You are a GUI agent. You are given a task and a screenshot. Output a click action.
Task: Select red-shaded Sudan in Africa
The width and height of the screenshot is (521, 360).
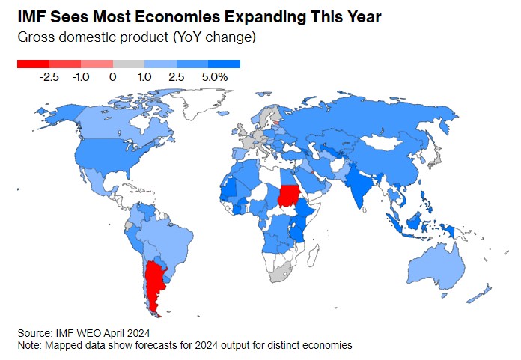[x=288, y=197]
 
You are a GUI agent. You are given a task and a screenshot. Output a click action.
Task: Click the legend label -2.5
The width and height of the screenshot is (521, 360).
[x=50, y=76]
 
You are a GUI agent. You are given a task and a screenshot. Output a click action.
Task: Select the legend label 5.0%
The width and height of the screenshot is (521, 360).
[x=214, y=76]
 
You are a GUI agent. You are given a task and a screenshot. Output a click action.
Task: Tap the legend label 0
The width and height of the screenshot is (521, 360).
[x=112, y=76]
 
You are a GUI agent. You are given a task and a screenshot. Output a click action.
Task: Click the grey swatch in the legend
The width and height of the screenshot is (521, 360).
[x=128, y=64]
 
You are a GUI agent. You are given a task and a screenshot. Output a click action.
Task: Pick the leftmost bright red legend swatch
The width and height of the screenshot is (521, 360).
[x=33, y=64]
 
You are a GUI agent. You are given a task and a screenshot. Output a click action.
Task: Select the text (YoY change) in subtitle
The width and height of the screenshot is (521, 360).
[x=216, y=37]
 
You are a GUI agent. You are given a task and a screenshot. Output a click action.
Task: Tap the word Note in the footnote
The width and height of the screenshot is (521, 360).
[x=29, y=345]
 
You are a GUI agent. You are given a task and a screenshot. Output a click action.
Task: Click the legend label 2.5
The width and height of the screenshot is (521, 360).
[x=177, y=76]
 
